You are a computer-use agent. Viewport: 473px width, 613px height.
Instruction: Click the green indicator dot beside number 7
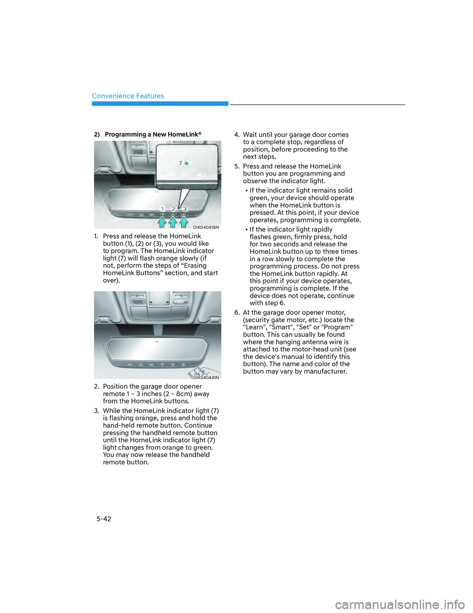coord(187,163)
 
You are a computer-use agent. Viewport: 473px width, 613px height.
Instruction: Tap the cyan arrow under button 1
coord(162,222)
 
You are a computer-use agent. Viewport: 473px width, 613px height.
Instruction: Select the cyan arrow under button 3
coord(184,222)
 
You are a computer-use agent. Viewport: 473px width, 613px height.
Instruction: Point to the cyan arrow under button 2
coord(173,222)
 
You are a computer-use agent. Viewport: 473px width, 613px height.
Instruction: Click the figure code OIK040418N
coord(205,228)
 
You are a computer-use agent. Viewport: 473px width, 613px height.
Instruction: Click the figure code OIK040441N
coord(206,378)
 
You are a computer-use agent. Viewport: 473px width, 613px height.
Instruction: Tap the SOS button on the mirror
coord(151,365)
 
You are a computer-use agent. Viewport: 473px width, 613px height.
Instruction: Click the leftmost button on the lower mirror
coord(130,365)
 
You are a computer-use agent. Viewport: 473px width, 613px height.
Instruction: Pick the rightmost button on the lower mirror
coord(183,365)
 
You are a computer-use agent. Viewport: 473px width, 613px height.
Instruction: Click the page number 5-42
coord(103,519)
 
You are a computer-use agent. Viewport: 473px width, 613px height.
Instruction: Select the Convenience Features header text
coord(128,96)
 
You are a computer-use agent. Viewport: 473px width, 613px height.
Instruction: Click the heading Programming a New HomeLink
coord(153,134)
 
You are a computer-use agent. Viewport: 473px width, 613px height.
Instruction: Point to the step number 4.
coord(236,135)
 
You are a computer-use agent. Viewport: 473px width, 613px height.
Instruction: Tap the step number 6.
coord(236,312)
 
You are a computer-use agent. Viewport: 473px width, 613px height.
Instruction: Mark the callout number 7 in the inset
coord(180,163)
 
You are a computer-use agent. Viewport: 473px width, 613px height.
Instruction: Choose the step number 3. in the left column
coord(97,411)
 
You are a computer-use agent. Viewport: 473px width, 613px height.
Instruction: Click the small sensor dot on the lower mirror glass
coord(157,342)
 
